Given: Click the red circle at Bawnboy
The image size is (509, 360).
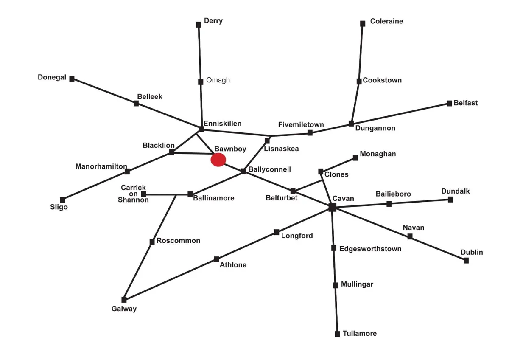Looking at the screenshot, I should (218, 160).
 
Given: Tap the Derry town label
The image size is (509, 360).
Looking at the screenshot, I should (213, 21).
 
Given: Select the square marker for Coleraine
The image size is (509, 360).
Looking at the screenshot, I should (363, 24).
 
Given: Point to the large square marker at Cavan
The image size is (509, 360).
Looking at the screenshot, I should (333, 207).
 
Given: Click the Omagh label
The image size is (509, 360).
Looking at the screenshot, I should (218, 80).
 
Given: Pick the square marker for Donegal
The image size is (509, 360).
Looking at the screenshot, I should (72, 79).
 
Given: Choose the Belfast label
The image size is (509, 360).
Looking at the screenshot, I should (465, 103).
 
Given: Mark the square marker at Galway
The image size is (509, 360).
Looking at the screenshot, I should (124, 300).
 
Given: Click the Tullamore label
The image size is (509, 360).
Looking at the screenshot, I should (359, 334).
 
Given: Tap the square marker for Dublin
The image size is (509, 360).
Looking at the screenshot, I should (466, 261).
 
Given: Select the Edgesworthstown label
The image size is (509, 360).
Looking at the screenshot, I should (370, 249).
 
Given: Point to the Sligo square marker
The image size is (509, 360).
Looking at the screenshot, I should (63, 200).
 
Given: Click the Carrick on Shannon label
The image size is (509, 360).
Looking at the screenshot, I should (133, 194).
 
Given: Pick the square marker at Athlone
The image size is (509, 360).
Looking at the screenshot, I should (217, 259).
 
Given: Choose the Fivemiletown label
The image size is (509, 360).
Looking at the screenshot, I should (301, 125).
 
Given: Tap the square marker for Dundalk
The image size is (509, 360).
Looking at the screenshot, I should (450, 200).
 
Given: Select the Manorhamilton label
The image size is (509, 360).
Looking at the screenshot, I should (101, 166).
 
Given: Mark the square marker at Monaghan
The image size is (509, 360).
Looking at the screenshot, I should (355, 158).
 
